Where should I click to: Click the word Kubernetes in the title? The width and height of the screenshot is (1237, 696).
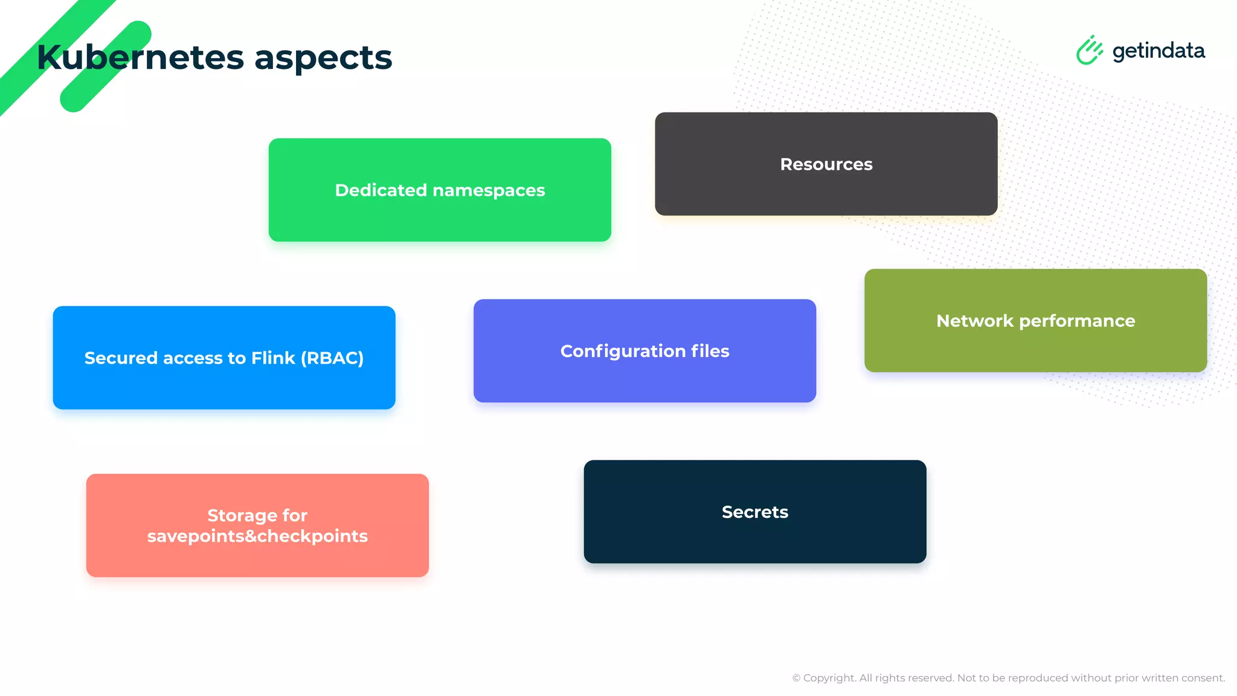[x=140, y=57]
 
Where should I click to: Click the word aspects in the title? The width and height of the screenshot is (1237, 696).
[x=323, y=59]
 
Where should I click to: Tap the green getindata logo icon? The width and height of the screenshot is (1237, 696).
[x=1089, y=50]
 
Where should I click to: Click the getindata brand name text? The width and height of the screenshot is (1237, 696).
[x=1158, y=51]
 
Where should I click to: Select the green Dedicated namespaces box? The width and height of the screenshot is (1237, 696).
[x=440, y=217]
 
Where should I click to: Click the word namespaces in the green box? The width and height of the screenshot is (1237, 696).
[x=489, y=190]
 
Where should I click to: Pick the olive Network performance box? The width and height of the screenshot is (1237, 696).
[x=1035, y=347]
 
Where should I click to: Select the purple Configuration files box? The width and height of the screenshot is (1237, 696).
[x=644, y=378]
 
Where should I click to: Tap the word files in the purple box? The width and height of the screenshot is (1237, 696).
[x=710, y=351]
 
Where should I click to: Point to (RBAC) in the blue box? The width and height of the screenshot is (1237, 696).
[x=332, y=358]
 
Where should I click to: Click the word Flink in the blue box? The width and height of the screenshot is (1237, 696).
[x=273, y=358]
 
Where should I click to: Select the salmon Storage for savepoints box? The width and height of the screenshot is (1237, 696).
[x=257, y=556]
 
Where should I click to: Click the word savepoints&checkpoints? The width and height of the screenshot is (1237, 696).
[x=257, y=536]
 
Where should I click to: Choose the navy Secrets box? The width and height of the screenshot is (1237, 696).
[x=754, y=538]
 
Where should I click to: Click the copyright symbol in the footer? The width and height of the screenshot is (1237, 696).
[x=796, y=678]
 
